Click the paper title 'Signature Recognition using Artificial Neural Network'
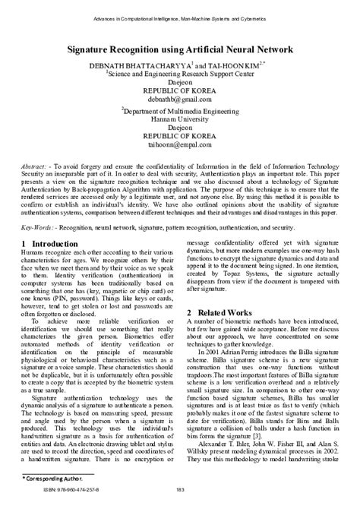(180, 49)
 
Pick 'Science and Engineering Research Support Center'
(180, 74)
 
